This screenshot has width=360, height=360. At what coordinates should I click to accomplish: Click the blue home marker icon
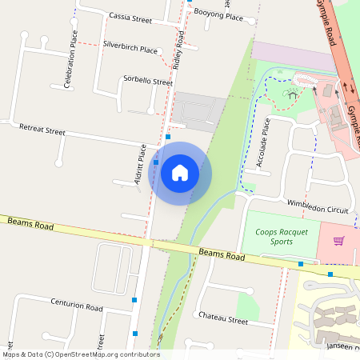click(180, 173)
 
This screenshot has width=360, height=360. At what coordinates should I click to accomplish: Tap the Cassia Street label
click(130, 18)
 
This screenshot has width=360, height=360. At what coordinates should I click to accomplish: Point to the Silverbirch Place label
click(130, 49)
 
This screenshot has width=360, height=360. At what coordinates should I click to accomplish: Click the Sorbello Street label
click(148, 81)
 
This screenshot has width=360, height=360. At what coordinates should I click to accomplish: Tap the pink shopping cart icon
click(338, 240)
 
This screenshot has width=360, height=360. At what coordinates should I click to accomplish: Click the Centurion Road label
click(77, 306)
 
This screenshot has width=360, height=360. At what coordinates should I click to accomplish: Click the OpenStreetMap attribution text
click(81, 354)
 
